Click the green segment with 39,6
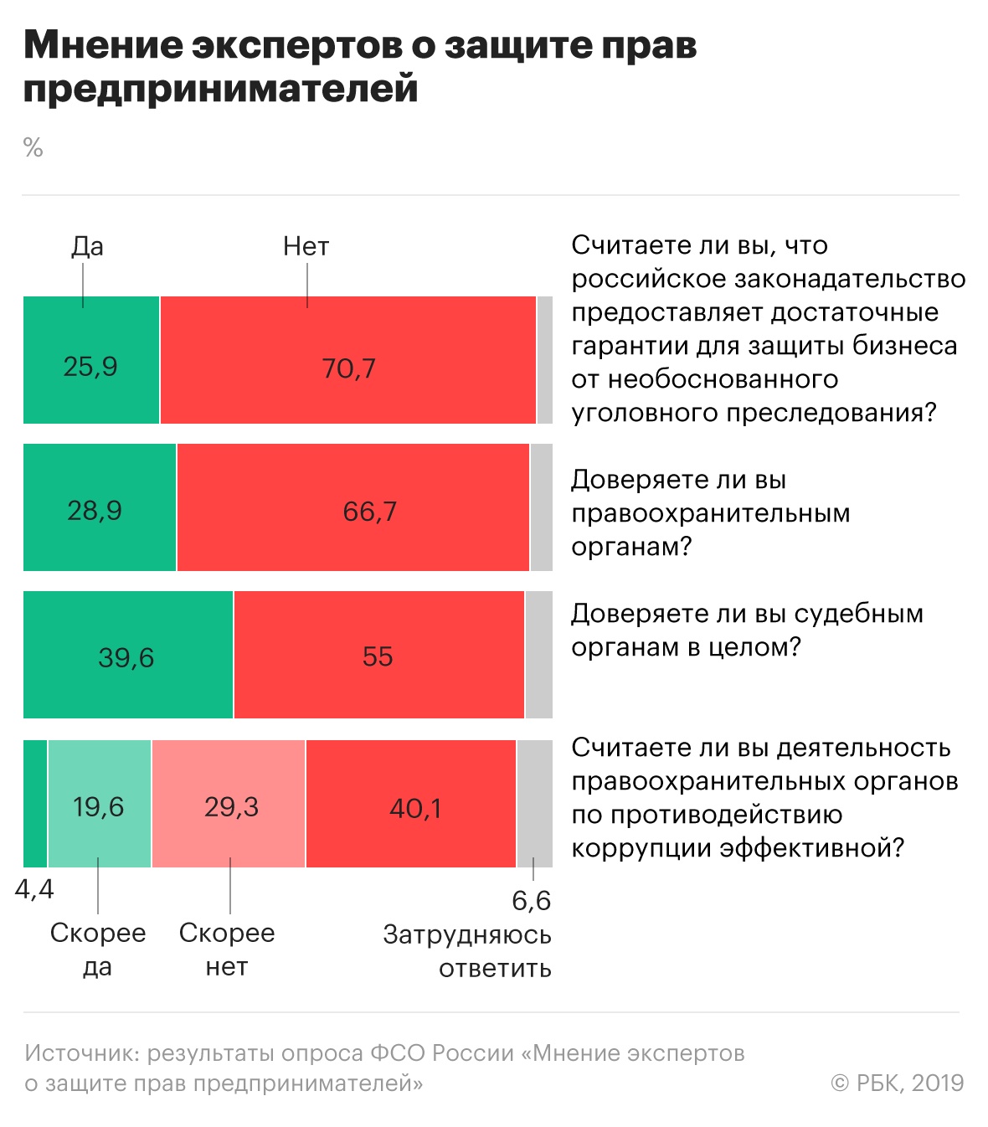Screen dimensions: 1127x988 pos(128,655)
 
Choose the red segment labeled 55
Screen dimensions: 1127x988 pos(379,655)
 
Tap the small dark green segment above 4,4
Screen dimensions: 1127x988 pos(35,804)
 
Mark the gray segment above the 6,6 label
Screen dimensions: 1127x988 pos(534,804)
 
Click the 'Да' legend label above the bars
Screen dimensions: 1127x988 pos(87,246)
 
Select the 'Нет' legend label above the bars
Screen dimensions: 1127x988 pos(306,246)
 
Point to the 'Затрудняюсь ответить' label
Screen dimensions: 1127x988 pos(467,951)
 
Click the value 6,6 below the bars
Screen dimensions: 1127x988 pos(532,901)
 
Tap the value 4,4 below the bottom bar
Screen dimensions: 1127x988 pos(34,889)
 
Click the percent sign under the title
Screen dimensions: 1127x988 pos(33,148)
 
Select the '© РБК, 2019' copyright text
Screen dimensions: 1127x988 pos(897,1083)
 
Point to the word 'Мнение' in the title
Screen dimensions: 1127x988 pos(102,46)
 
